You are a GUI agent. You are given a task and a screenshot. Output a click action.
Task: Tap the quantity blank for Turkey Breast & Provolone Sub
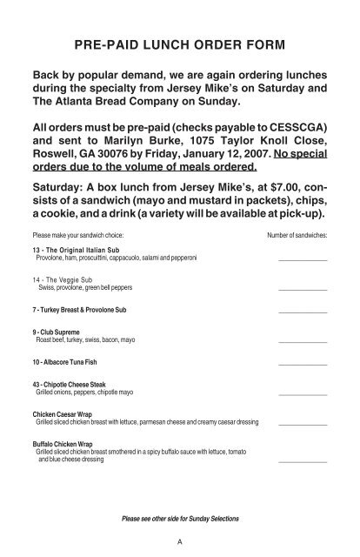[303, 311]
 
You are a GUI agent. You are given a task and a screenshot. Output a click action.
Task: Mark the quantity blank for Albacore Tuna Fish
[303, 364]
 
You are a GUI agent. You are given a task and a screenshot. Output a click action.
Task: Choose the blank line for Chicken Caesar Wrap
[303, 423]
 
